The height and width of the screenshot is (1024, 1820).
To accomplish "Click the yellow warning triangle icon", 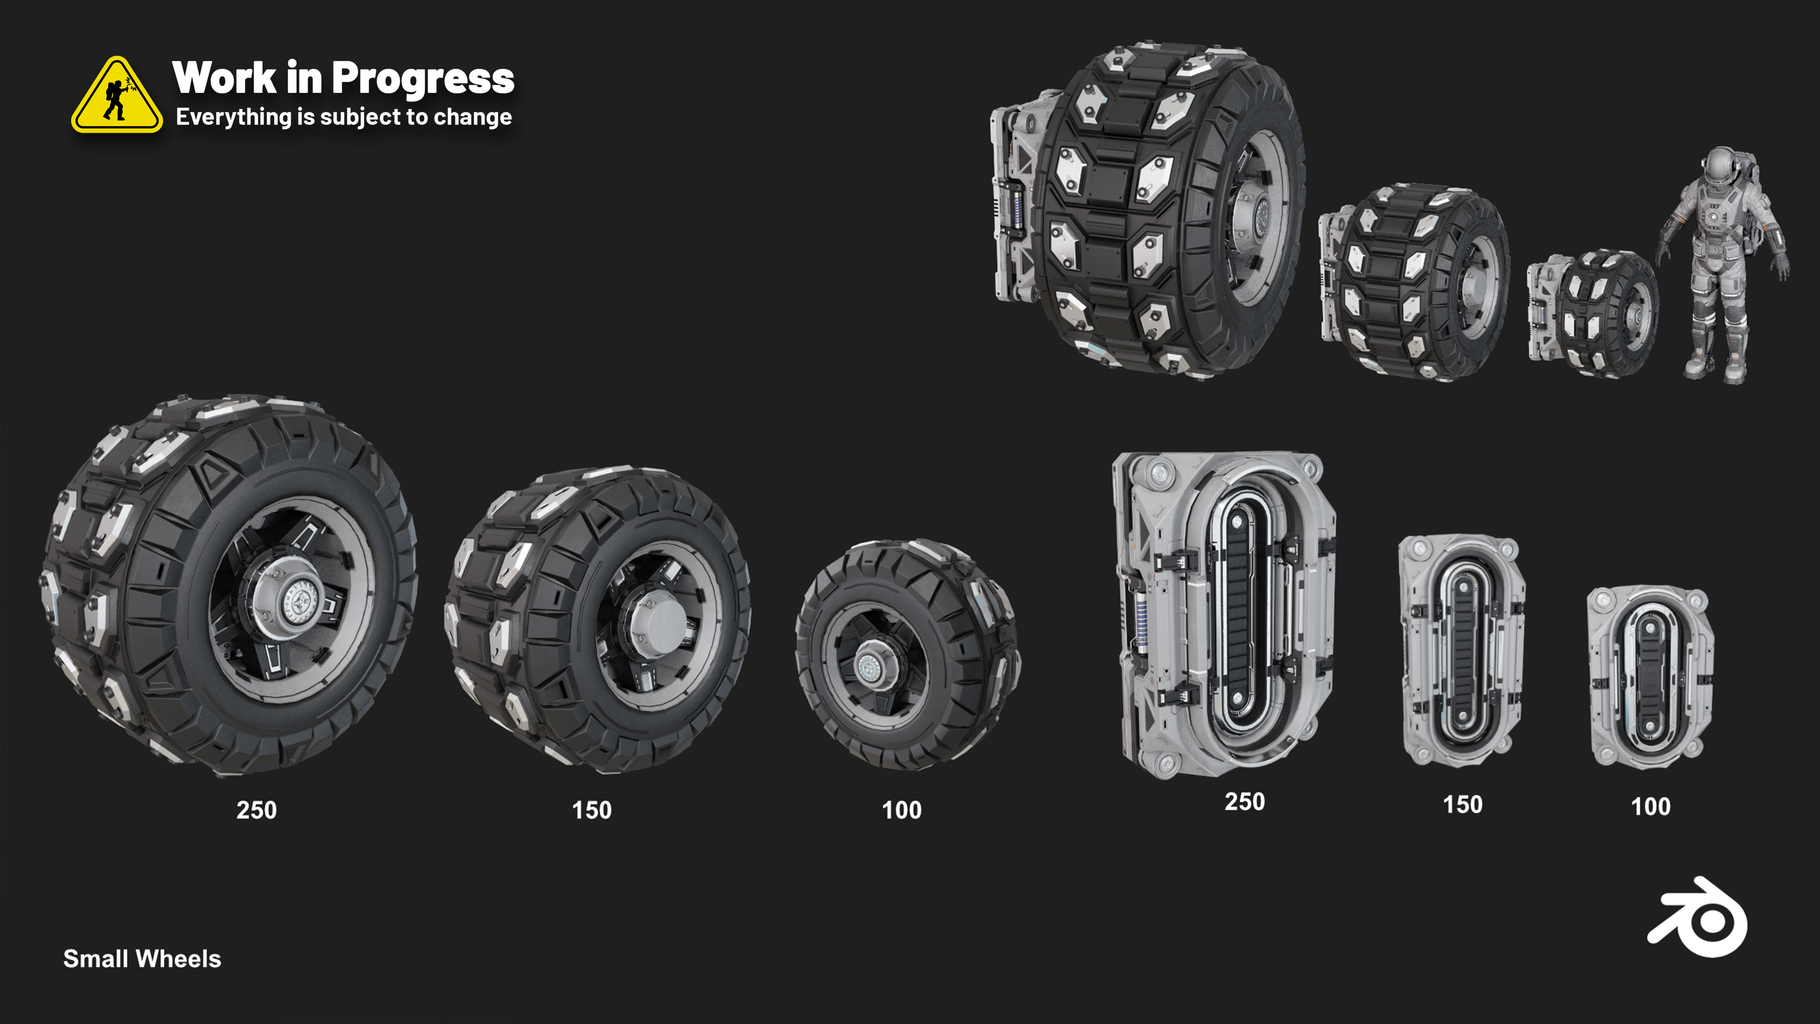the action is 117,95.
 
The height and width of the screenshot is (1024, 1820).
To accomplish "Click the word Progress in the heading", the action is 422,79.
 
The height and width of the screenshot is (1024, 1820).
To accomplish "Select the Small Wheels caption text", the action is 142,959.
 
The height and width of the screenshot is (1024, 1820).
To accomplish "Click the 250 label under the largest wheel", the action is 256,810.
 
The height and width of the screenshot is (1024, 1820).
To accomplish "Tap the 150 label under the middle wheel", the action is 591,810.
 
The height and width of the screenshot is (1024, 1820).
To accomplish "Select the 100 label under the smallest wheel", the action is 901,810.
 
